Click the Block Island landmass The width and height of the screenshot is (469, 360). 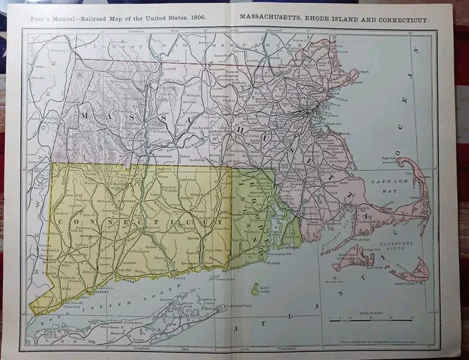[x=255, y=290]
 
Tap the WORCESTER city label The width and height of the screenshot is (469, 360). [x=237, y=131]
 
